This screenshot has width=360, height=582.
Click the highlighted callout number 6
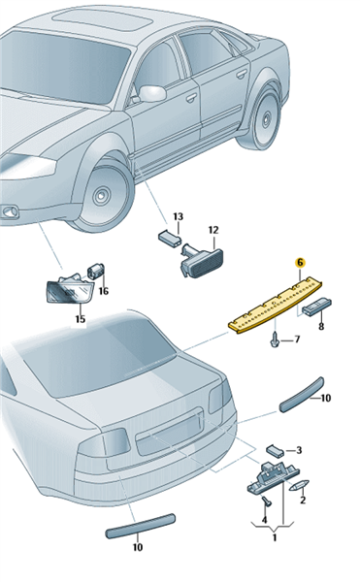pos(300,263)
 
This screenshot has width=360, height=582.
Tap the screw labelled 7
pos(274,341)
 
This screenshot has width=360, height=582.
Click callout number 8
pos(321,326)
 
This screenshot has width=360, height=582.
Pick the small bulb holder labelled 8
pos(317,307)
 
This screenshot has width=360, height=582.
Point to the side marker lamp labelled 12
pos(202,262)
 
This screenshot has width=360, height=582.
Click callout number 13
pos(179,216)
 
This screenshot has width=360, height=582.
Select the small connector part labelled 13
pos(169,238)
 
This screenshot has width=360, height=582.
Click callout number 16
pos(104,291)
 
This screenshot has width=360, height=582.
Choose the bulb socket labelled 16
pos(96,271)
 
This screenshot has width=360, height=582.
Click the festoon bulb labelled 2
pos(299,486)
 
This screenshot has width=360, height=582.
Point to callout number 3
pos(299,450)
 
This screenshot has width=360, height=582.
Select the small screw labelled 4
pos(267,501)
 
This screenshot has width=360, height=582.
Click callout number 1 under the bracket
pos(275,537)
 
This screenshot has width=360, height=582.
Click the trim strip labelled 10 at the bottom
pos(141,526)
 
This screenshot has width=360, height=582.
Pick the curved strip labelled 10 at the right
pos(302,396)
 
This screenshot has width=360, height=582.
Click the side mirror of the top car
pos(152,94)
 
